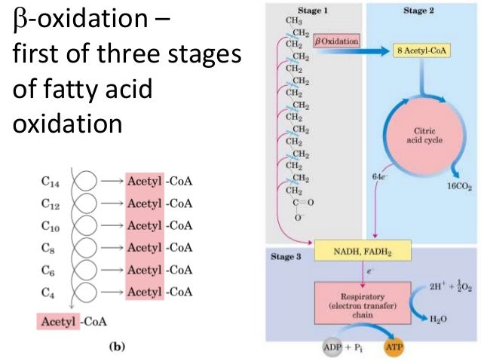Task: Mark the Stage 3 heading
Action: tap(286, 256)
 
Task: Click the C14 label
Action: tap(52, 181)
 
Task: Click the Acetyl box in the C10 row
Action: tap(145, 225)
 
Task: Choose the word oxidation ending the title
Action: tap(68, 122)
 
